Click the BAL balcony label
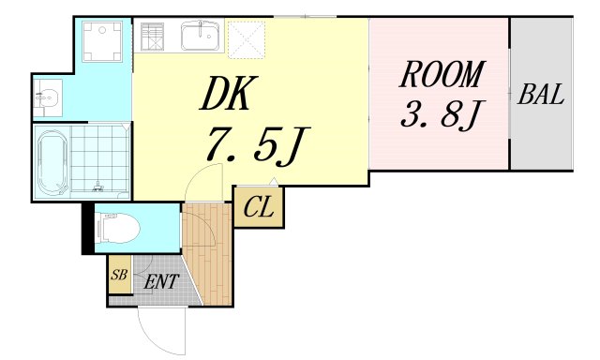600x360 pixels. pos(541,95)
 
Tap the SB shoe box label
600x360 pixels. pos(119,276)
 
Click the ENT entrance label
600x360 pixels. pos(160,279)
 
